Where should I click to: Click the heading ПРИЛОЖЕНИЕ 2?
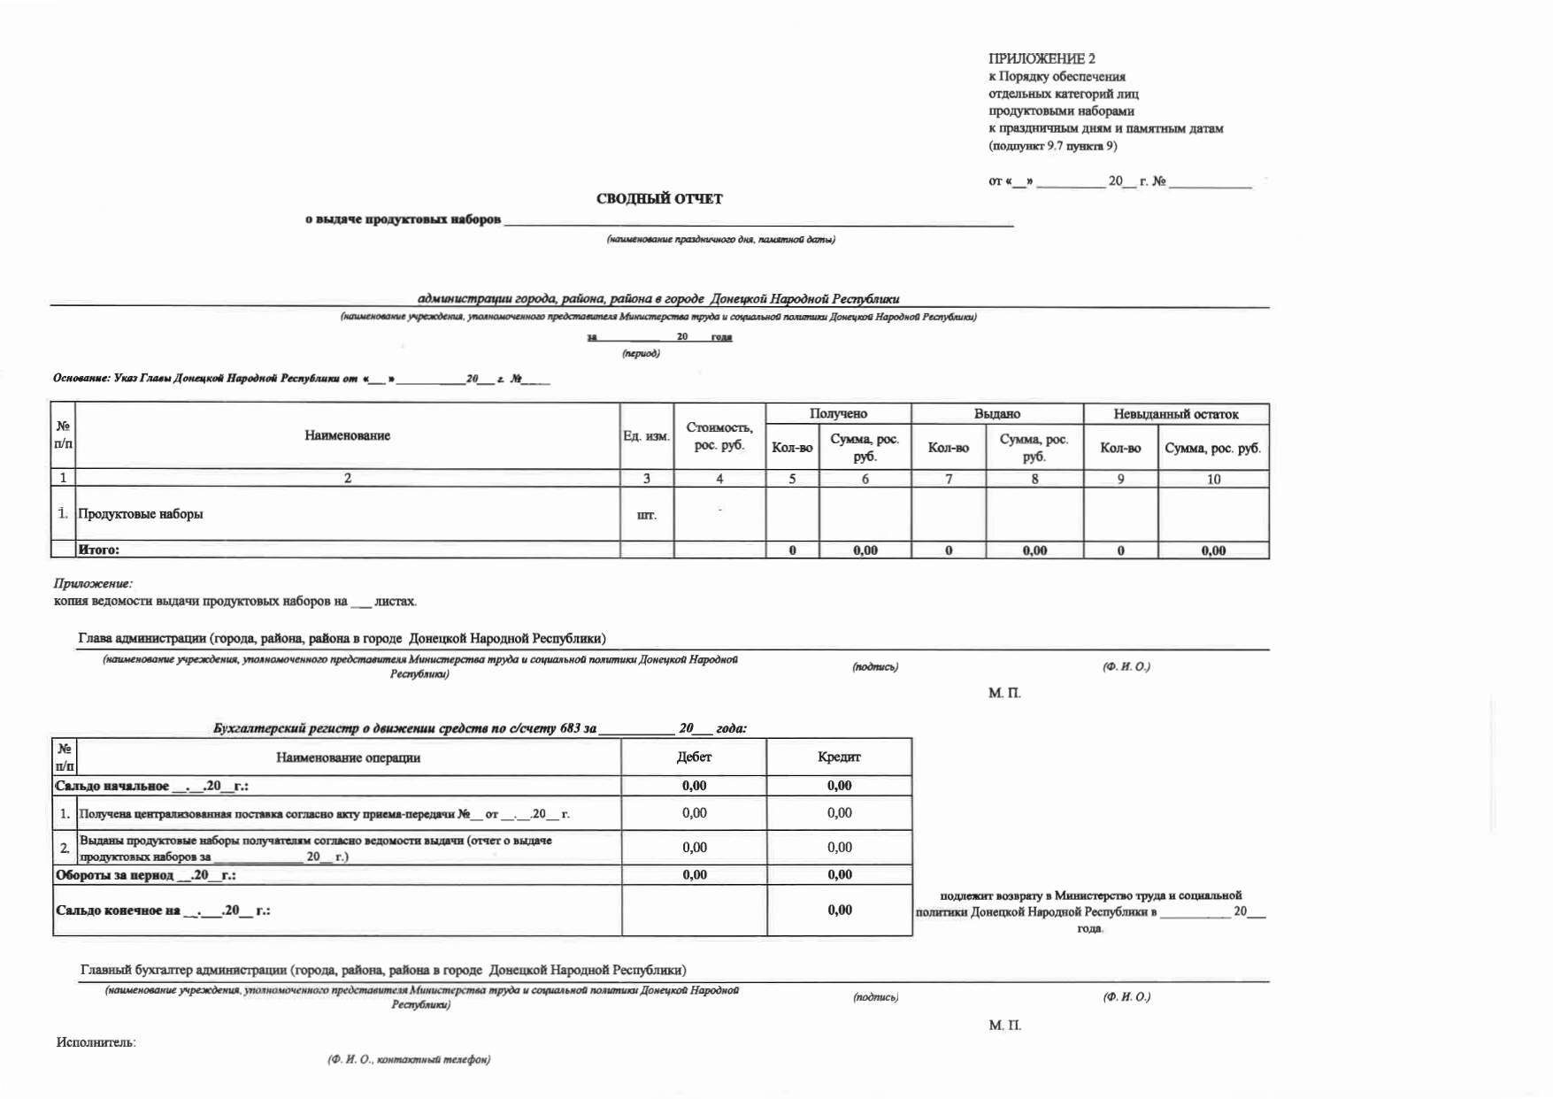(1042, 58)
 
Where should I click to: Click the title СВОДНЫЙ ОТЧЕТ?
(659, 199)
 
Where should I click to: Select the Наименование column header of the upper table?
(347, 435)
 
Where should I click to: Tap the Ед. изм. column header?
(646, 436)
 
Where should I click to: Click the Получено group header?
(838, 413)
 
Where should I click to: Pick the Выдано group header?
(996, 413)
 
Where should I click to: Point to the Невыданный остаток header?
(1175, 413)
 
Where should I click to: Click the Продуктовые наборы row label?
(141, 514)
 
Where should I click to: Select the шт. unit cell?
(646, 515)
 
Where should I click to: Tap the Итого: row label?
(98, 549)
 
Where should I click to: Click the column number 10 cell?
(1213, 479)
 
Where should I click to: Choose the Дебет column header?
(694, 757)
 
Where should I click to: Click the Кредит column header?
(839, 757)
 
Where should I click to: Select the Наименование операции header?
(348, 757)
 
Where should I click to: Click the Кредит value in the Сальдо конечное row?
(839, 910)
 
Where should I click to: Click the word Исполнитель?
(96, 1042)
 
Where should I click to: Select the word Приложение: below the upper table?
(93, 584)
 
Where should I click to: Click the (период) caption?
(641, 353)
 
